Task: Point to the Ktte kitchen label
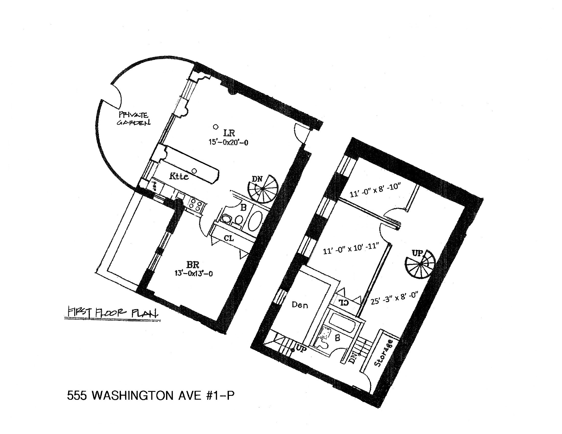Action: tap(179, 176)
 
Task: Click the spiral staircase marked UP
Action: tap(420, 264)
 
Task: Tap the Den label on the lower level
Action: tap(300, 305)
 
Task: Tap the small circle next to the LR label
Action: tap(216, 127)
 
